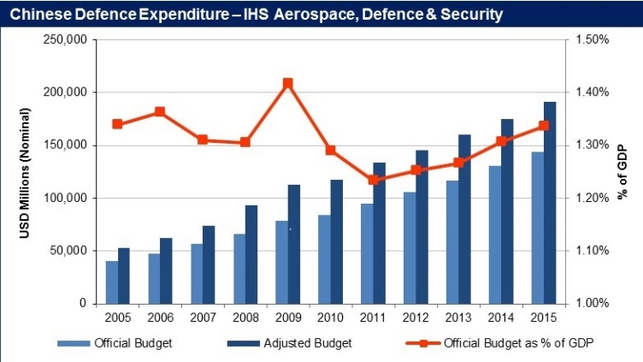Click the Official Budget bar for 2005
pos(112,282)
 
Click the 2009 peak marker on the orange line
pos(288,83)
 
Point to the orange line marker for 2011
pos(373,180)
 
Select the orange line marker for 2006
pos(160,112)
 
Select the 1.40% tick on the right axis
pos(590,92)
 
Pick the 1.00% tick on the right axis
pos(590,304)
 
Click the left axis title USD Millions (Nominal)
pos(27,171)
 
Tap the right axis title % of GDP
pos(623,172)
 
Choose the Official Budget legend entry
pos(128,343)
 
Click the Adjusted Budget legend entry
pos(303,343)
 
